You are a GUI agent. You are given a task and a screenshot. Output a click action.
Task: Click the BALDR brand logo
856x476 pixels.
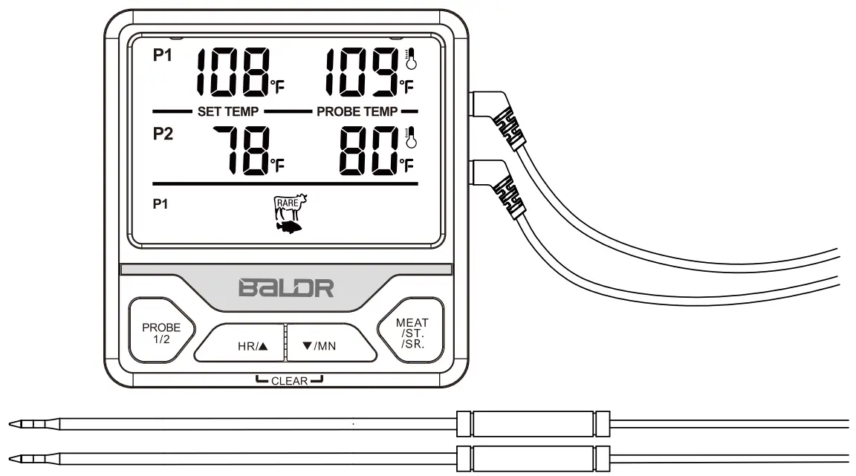click(x=285, y=288)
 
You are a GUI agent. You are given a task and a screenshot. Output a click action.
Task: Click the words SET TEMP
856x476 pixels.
click(x=227, y=111)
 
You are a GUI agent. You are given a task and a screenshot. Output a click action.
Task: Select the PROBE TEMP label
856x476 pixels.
click(x=356, y=111)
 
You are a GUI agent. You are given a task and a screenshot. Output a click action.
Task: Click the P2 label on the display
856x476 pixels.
click(x=162, y=138)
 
